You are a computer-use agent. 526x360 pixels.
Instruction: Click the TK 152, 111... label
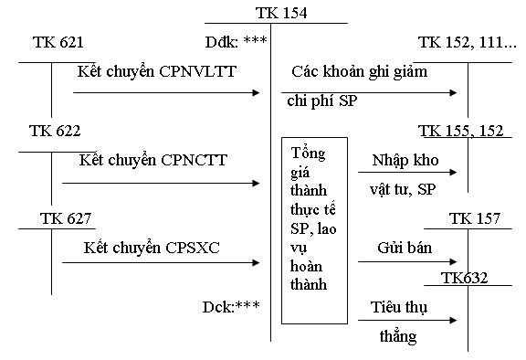pos(467,43)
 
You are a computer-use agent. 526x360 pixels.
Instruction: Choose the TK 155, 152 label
pos(461,131)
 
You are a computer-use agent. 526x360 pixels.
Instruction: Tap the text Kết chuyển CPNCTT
pos(153,160)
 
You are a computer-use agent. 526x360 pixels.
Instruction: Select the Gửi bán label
pos(403,248)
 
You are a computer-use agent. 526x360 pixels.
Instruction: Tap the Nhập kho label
pos(405,160)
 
